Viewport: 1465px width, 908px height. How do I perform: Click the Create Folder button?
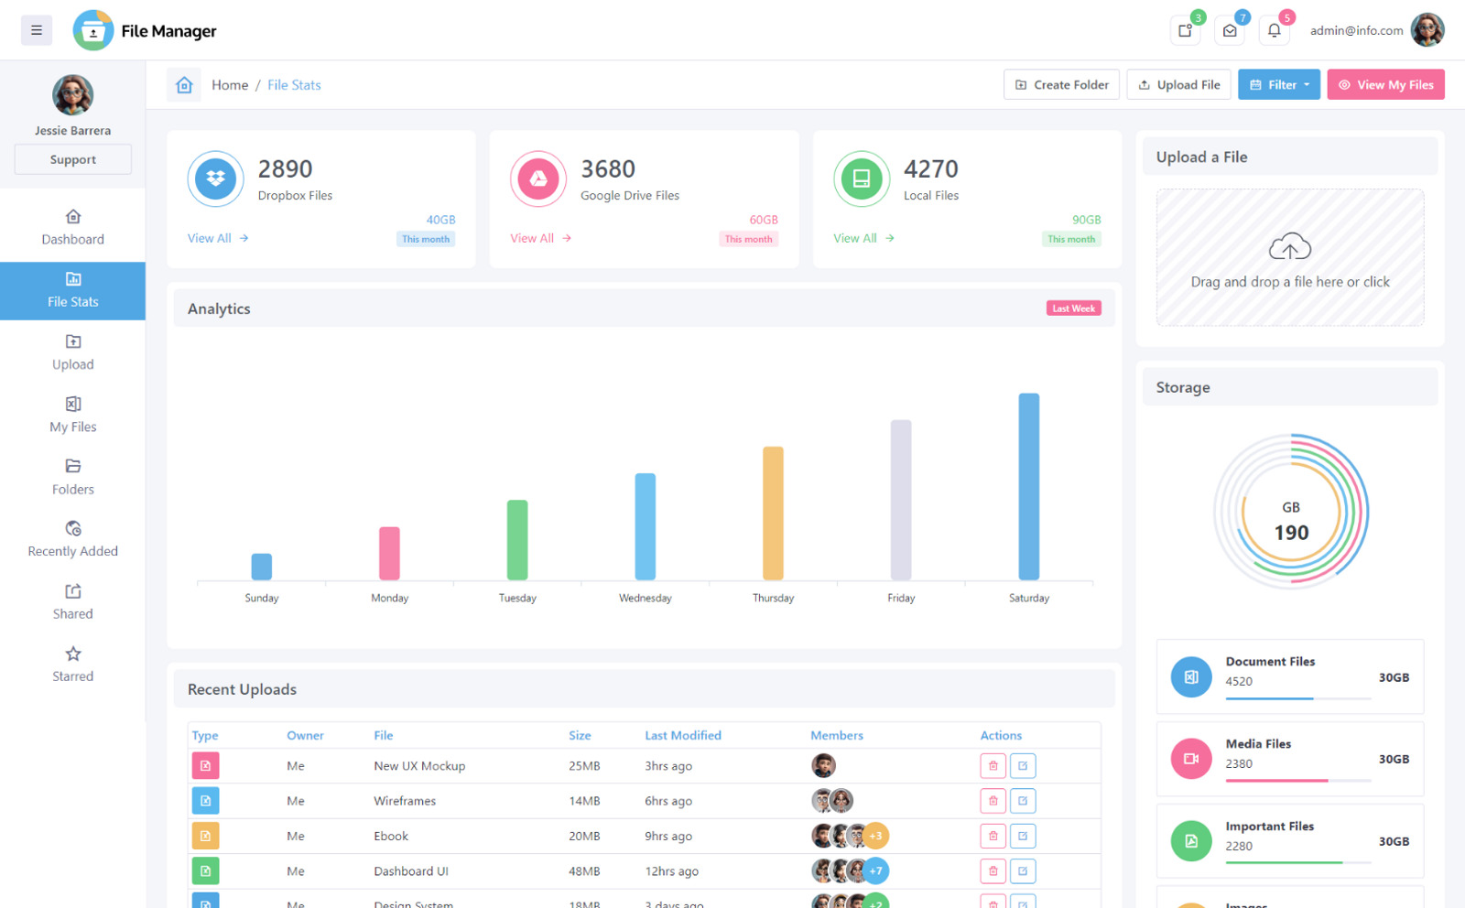(x=1061, y=85)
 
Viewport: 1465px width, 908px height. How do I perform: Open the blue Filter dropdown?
(x=1278, y=85)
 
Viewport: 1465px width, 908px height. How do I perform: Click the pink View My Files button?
(x=1385, y=85)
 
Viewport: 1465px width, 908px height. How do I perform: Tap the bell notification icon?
(x=1274, y=30)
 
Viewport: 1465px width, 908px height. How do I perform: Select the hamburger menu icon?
(x=37, y=30)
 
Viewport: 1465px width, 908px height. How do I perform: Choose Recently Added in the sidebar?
(x=72, y=539)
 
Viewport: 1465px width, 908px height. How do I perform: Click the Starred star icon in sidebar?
(x=73, y=654)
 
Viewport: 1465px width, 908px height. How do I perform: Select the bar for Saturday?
(x=1028, y=486)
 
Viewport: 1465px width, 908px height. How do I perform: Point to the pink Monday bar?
(x=389, y=553)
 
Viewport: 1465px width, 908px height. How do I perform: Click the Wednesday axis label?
(x=645, y=599)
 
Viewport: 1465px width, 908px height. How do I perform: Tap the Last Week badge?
(x=1073, y=308)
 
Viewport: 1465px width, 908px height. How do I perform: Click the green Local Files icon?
(x=861, y=178)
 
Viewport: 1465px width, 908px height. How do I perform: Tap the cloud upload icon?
(x=1289, y=246)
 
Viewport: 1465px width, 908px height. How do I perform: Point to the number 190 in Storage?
(x=1291, y=533)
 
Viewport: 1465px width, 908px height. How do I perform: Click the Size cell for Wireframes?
(x=584, y=801)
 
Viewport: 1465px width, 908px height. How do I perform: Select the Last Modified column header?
(x=682, y=735)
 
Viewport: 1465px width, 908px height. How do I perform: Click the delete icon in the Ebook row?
(x=993, y=836)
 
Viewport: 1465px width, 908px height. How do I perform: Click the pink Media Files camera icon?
(x=1190, y=759)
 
